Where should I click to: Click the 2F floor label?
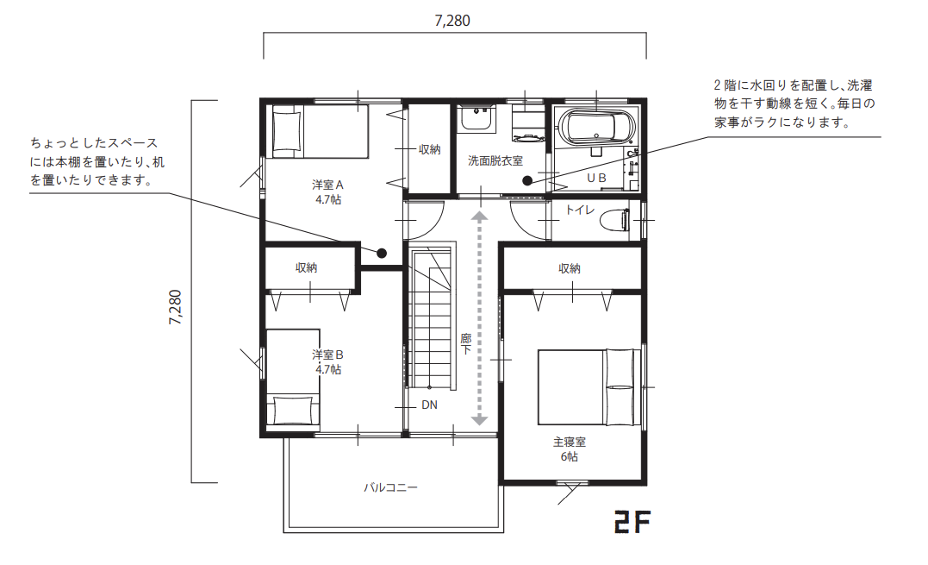tap(632, 522)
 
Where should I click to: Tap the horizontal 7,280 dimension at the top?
tap(452, 21)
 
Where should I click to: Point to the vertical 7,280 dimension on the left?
tap(176, 307)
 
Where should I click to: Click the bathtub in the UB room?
tap(597, 128)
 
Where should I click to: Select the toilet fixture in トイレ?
tap(614, 221)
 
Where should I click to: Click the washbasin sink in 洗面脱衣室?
tap(477, 119)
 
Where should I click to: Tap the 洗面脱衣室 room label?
tap(495, 160)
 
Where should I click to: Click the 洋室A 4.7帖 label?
tap(328, 191)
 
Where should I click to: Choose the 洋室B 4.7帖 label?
tap(328, 362)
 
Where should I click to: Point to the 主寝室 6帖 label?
tap(570, 449)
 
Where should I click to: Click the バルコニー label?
tap(390, 487)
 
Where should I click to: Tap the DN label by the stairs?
tap(430, 405)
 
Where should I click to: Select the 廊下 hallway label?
tap(466, 344)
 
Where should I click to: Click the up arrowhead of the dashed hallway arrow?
tap(479, 217)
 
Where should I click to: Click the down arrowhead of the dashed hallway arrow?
tap(479, 420)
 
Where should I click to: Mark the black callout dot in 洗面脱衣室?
tap(527, 181)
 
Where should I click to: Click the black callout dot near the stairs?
tap(382, 254)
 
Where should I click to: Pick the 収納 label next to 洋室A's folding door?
tap(430, 150)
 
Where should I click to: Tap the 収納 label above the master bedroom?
tap(570, 268)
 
